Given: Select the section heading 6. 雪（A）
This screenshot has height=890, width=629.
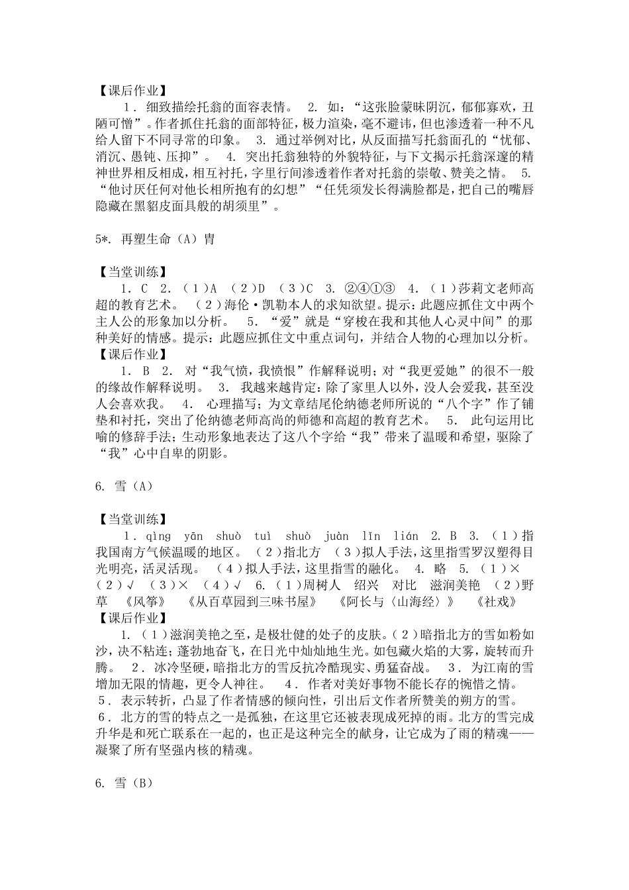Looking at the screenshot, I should (124, 486).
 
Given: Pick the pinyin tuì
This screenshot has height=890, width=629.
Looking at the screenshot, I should (264, 536).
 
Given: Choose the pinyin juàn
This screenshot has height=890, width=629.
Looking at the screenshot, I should (337, 536).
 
